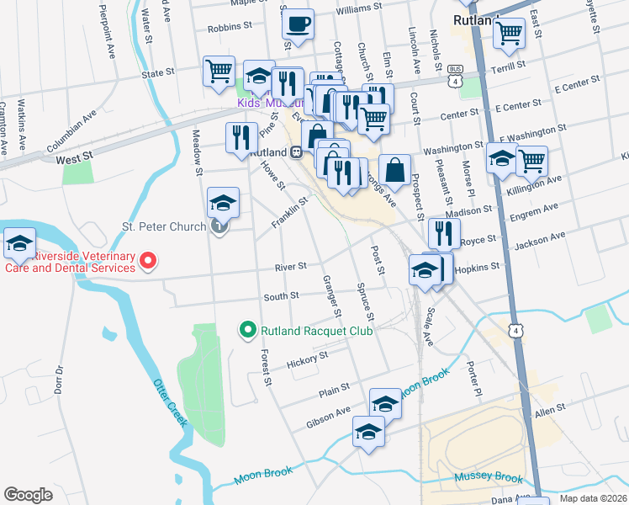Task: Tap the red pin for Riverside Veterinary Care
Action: click(x=148, y=261)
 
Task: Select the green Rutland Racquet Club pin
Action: click(x=247, y=330)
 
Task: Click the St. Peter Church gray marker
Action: click(x=219, y=226)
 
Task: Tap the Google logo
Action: click(x=28, y=495)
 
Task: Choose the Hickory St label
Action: click(x=305, y=360)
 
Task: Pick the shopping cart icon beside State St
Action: click(x=219, y=70)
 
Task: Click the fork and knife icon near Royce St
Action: click(x=444, y=231)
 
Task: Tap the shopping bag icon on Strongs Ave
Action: click(x=394, y=168)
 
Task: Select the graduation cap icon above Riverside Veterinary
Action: click(x=19, y=242)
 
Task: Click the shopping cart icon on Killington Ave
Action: click(x=531, y=160)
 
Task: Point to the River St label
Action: click(x=290, y=267)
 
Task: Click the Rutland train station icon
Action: click(x=296, y=152)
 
